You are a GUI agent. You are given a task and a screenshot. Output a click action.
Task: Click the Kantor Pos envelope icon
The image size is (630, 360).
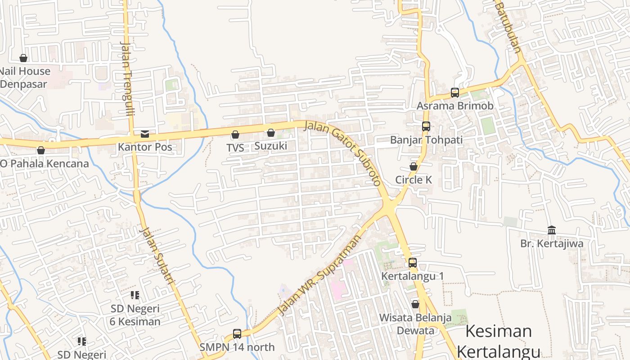tap(144, 134)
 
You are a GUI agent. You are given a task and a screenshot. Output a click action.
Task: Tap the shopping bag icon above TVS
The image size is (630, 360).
tap(235, 135)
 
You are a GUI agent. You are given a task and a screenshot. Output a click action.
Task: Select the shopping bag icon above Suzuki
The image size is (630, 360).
tap(271, 133)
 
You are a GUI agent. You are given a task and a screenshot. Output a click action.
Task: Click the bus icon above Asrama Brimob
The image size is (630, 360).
tap(455, 93)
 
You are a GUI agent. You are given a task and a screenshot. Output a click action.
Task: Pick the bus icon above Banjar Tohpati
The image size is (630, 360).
tap(426, 126)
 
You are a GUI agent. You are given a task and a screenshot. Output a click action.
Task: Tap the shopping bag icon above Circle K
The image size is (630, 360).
tap(414, 166)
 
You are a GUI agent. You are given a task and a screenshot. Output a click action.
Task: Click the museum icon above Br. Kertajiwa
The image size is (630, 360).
tap(552, 230)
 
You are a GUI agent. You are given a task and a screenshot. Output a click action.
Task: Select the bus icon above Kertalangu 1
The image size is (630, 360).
tap(413, 263)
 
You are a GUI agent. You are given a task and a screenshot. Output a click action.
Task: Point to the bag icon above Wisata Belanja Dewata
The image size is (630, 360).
tap(415, 304)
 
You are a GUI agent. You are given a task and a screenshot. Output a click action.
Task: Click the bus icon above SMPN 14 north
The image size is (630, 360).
tap(237, 334)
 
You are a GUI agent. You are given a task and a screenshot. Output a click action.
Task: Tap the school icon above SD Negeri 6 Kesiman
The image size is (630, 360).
tap(135, 295)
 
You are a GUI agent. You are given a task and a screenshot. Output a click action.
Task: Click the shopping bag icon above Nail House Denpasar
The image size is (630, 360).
tap(23, 58)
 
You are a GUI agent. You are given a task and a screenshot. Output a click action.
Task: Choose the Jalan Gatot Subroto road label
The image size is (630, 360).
tap(343, 153)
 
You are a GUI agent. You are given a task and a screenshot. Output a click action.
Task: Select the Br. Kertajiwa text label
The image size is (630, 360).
tap(552, 243)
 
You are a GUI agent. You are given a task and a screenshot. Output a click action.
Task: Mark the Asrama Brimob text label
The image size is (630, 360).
tap(455, 106)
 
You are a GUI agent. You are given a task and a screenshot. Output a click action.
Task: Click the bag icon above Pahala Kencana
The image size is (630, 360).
tap(41, 150)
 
